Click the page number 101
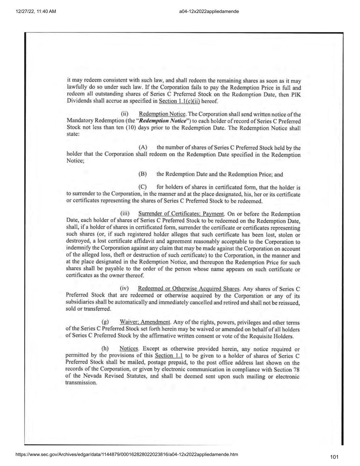[x=334, y=457]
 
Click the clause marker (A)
[x=143, y=147]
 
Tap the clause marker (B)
[x=143, y=174]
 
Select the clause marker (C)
[x=143, y=187]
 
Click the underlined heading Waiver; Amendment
[x=145, y=322]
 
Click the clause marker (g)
[x=105, y=322]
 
